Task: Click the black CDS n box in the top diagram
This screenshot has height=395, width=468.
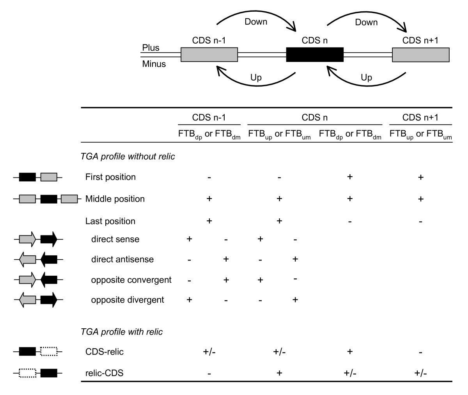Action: pos(314,55)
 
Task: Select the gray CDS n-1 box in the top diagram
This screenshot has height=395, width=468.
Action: pos(209,55)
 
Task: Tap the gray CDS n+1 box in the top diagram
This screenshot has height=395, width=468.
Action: pos(420,55)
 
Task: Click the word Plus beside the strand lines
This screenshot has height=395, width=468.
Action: pos(151,48)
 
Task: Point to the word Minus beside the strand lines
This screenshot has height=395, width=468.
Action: pos(154,64)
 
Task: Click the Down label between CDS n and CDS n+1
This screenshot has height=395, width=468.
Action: pos(366,22)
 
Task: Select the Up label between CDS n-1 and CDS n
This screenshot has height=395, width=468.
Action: pos(255,78)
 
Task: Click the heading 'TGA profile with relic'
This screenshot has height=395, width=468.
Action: pos(121,332)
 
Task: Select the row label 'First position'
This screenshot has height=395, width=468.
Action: pos(110,177)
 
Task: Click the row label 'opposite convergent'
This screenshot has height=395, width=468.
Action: pos(131,280)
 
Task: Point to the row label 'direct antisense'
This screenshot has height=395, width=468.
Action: pos(122,259)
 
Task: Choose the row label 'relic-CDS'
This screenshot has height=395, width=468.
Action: pos(104,373)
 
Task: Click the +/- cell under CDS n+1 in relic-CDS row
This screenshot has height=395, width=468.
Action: pos(420,373)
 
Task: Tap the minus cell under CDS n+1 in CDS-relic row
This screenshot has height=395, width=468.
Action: pos(420,352)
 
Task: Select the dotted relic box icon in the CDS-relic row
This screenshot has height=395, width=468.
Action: pos(49,352)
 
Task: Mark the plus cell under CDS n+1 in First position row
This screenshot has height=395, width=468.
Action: pos(420,177)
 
